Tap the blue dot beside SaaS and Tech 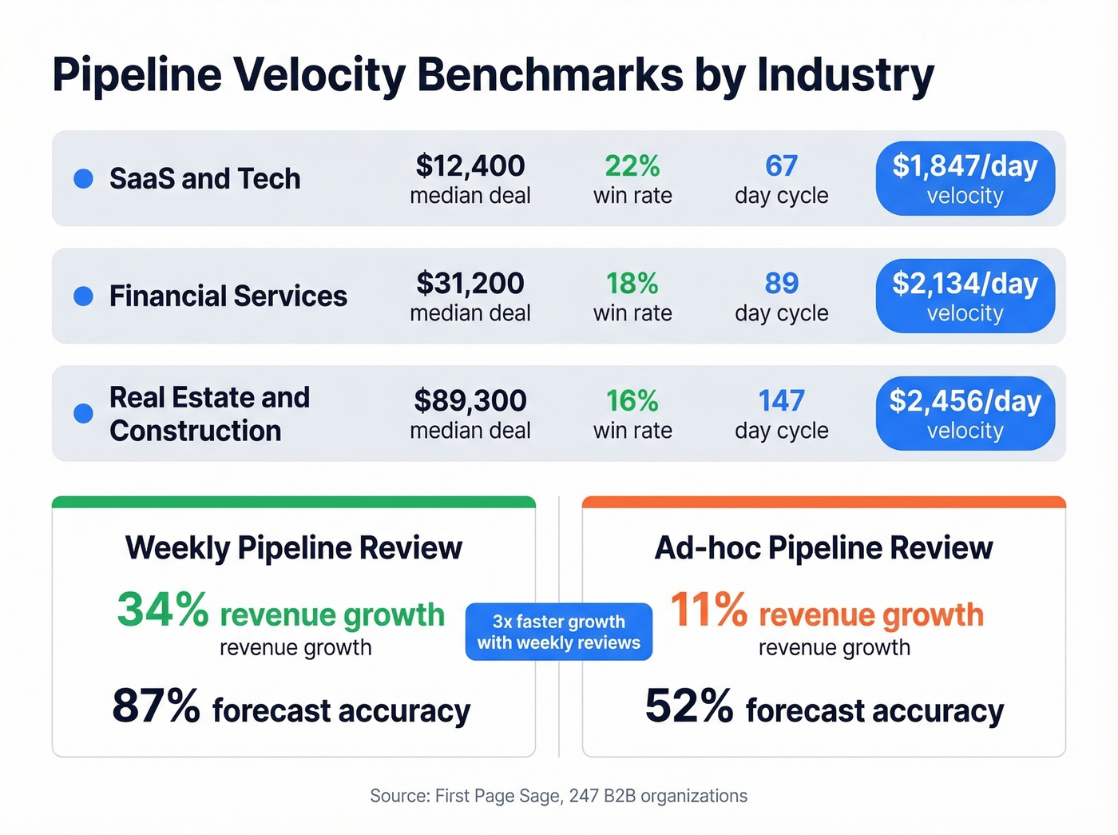click(x=83, y=179)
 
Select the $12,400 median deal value click(x=470, y=166)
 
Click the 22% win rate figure click(x=632, y=166)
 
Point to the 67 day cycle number click(x=781, y=166)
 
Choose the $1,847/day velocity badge click(x=965, y=178)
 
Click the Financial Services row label click(x=228, y=296)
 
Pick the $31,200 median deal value click(x=470, y=284)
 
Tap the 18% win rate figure click(x=632, y=284)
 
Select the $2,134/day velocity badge click(x=965, y=296)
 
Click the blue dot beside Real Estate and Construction click(x=83, y=413)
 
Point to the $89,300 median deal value click(x=470, y=401)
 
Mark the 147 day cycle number click(x=781, y=401)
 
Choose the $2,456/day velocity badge click(x=965, y=413)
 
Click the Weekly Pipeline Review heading click(x=293, y=548)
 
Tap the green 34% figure click(x=162, y=610)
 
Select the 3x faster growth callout click(x=558, y=632)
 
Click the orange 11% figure click(x=708, y=610)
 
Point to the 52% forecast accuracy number click(x=688, y=707)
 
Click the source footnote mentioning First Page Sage click(x=558, y=796)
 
